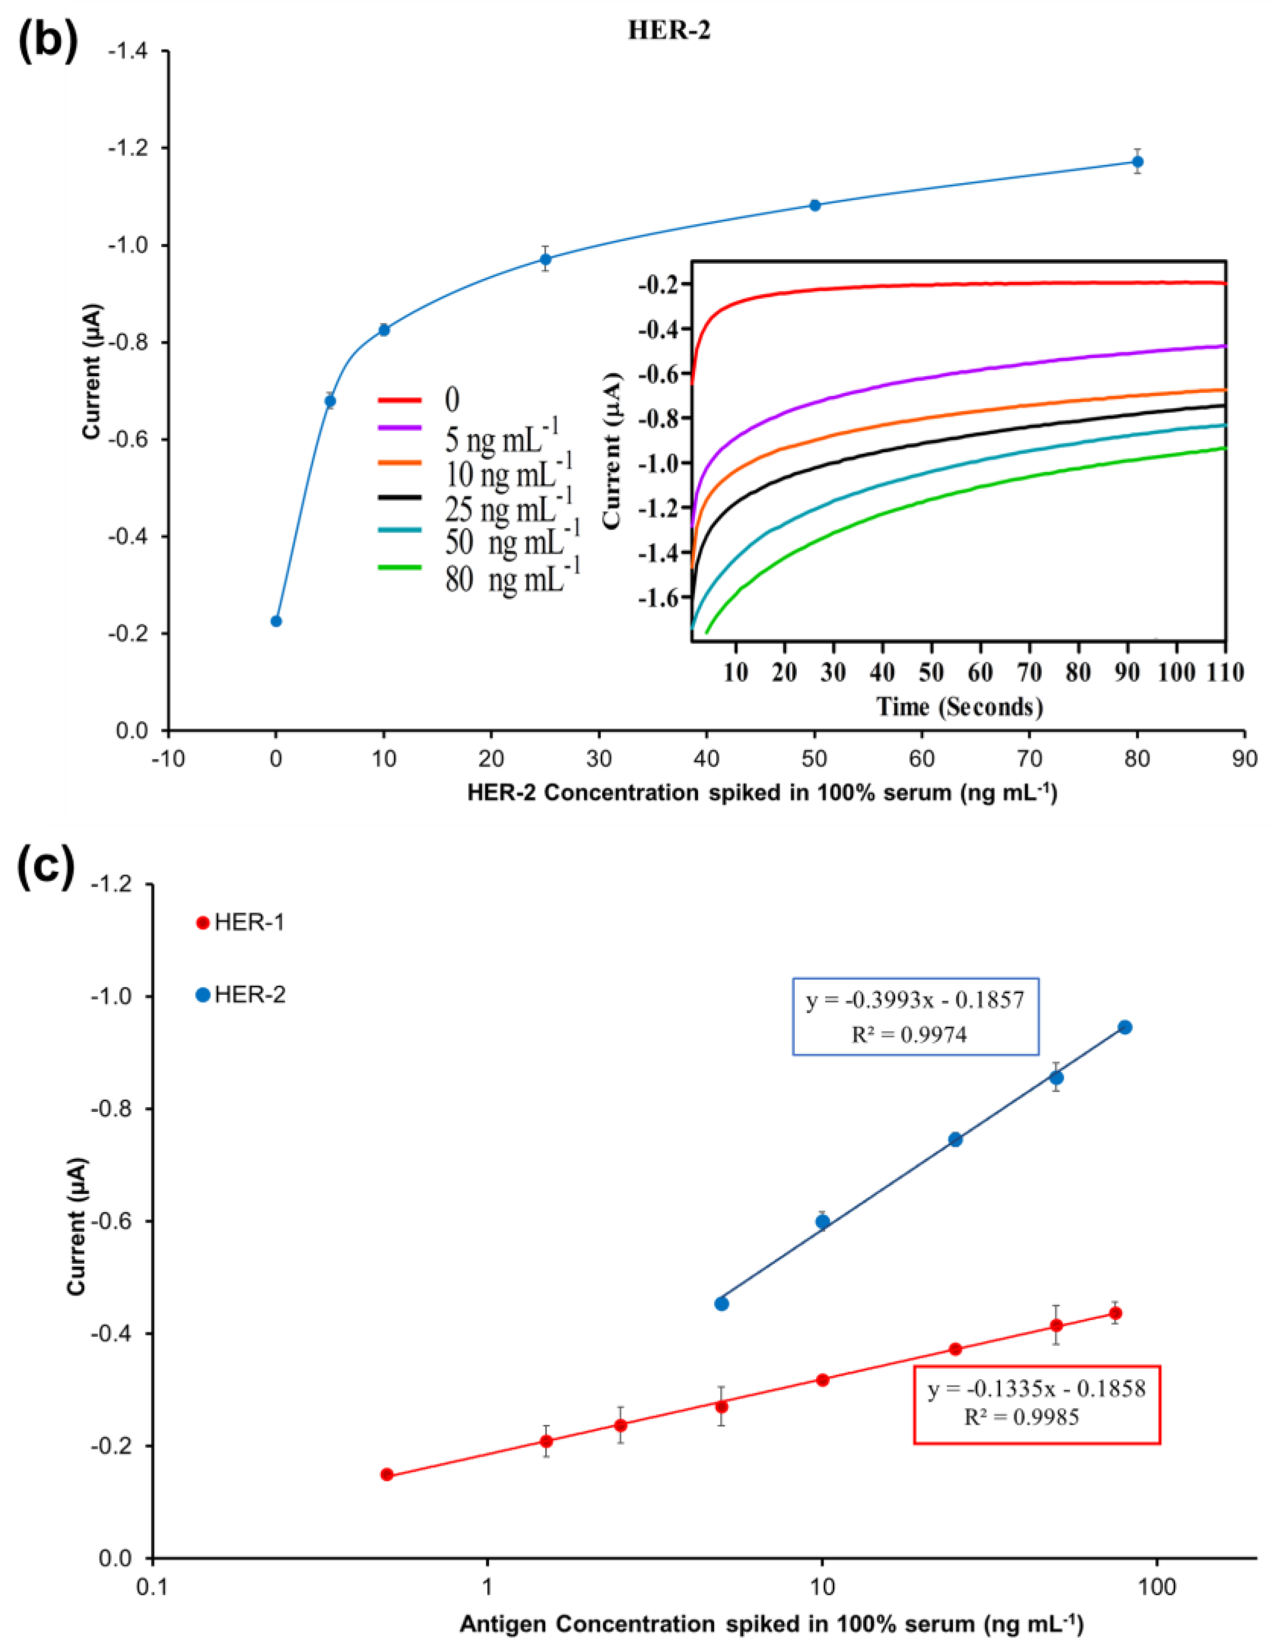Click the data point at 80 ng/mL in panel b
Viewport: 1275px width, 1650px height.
pos(1137,162)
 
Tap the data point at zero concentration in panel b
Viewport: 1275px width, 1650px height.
pos(276,621)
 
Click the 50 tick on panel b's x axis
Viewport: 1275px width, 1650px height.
pos(814,758)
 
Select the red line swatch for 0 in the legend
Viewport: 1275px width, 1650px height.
pos(399,399)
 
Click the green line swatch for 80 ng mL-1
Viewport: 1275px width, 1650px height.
pos(399,567)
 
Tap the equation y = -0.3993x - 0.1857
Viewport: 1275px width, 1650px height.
pos(914,1001)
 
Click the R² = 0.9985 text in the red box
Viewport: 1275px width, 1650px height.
pos(1021,1417)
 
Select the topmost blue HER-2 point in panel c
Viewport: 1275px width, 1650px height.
pos(1125,1027)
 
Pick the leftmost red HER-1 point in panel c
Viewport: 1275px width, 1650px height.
pos(387,1475)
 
